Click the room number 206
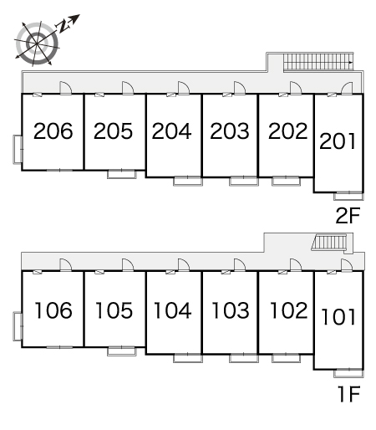(x=53, y=131)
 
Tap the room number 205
(x=113, y=131)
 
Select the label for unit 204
(x=171, y=131)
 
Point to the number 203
(x=230, y=131)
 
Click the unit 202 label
(x=287, y=131)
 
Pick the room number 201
(x=338, y=141)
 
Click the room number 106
(x=53, y=310)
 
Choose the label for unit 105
(x=114, y=310)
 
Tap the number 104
(x=173, y=310)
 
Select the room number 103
(x=231, y=310)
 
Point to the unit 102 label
(x=289, y=310)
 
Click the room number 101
(x=338, y=317)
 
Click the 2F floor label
(x=348, y=216)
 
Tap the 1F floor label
(x=349, y=394)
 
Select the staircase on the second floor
(x=318, y=62)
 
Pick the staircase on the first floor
(x=329, y=243)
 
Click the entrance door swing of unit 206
(x=66, y=88)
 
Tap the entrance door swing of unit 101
(x=347, y=265)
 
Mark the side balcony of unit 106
(x=18, y=326)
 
